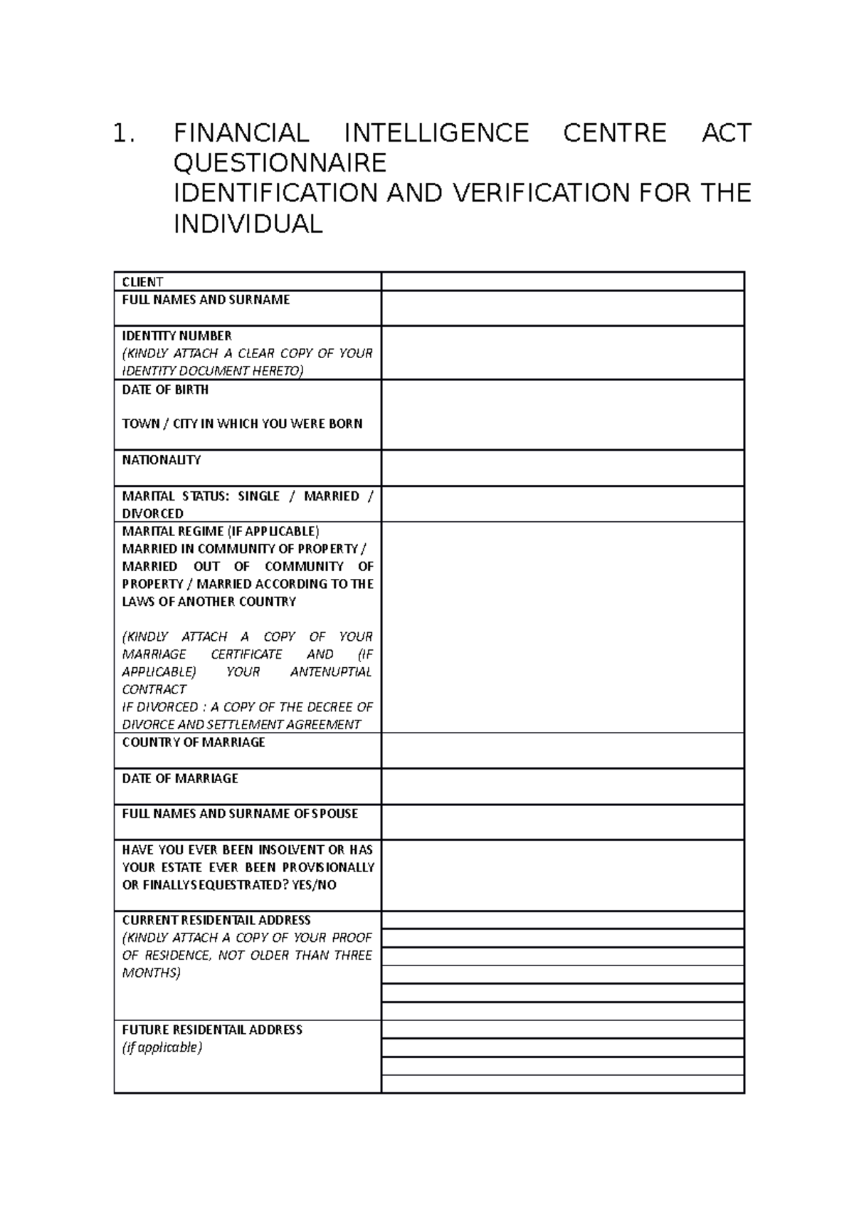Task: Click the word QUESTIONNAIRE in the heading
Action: pyautogui.click(x=280, y=164)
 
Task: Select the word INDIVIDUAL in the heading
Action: pyautogui.click(x=248, y=224)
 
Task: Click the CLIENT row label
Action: pyautogui.click(x=142, y=282)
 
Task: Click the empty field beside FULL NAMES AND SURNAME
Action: pyautogui.click(x=562, y=308)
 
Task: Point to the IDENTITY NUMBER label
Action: pyautogui.click(x=176, y=335)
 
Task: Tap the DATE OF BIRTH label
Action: pyautogui.click(x=165, y=389)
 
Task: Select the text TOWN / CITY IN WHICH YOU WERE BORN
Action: pyautogui.click(x=242, y=424)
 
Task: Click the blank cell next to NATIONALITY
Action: pyautogui.click(x=562, y=468)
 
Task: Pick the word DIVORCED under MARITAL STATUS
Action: pyautogui.click(x=152, y=513)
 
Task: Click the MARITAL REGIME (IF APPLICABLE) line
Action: pyautogui.click(x=221, y=531)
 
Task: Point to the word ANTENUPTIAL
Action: pyautogui.click(x=331, y=671)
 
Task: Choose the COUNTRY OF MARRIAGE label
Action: pyautogui.click(x=194, y=742)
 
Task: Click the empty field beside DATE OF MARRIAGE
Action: pyautogui.click(x=562, y=786)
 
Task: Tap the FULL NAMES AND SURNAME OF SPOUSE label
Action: pyautogui.click(x=240, y=813)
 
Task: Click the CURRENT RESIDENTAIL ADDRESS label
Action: pyautogui.click(x=216, y=920)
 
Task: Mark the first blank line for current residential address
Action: pyautogui.click(x=562, y=920)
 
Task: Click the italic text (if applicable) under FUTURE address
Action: pyautogui.click(x=162, y=1047)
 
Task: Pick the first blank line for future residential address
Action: pyautogui.click(x=562, y=1030)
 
